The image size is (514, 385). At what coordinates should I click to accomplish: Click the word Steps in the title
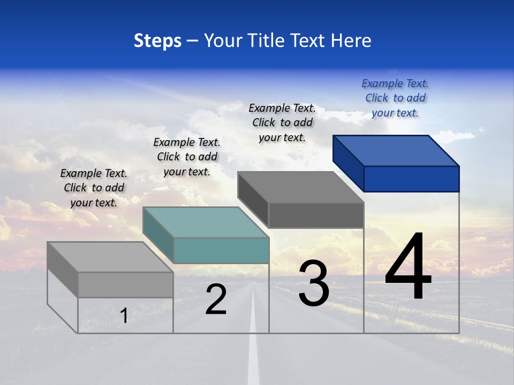coord(157,41)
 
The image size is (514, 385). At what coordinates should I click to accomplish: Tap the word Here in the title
coord(351,41)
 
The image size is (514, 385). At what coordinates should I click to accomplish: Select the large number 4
coord(409,267)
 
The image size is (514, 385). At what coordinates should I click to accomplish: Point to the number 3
coord(314,283)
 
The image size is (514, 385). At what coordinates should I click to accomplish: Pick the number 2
coord(216,300)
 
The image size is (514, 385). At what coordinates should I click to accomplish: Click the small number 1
coord(124,316)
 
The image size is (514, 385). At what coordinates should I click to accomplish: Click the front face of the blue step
coord(411,179)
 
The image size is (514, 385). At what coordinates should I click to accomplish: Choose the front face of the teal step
coord(221,250)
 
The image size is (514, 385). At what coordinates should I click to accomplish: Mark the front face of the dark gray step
coord(316,215)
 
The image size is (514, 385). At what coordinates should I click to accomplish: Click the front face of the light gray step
coord(125,284)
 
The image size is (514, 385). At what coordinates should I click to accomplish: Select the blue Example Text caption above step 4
coord(395,98)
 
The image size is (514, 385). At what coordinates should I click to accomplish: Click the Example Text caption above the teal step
coord(187,157)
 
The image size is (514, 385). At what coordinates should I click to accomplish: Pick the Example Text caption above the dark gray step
coord(282,122)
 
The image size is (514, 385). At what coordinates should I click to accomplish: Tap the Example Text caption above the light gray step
coord(94,188)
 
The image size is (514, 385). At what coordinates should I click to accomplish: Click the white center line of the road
coord(253,348)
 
